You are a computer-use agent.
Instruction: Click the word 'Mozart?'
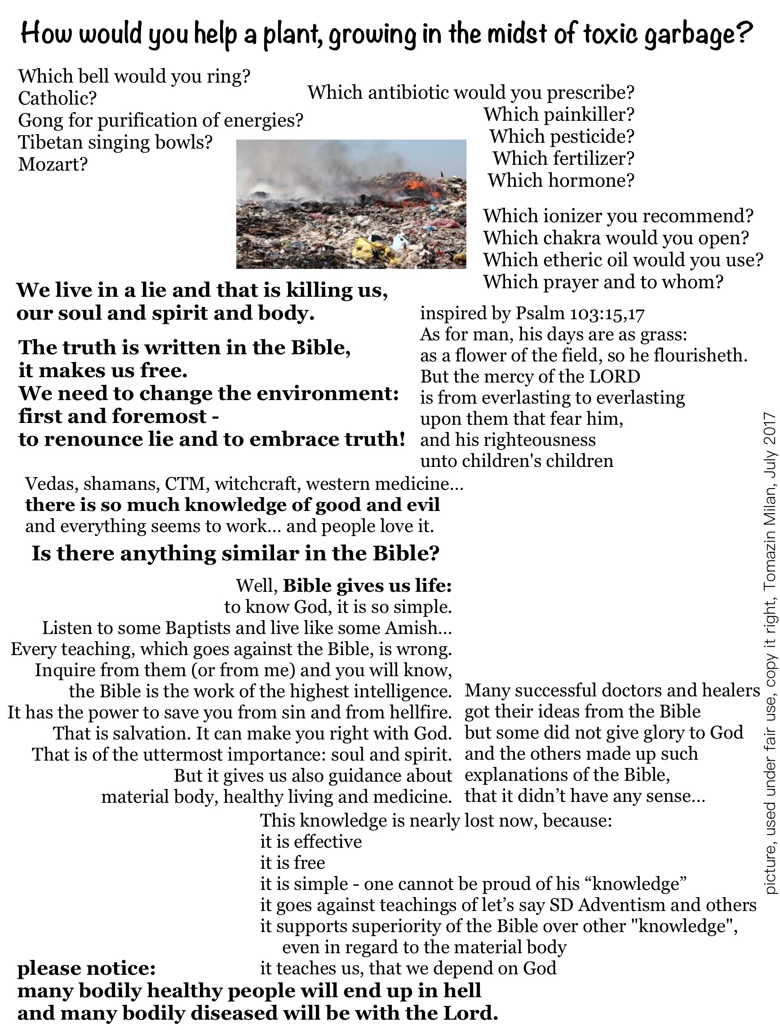53,164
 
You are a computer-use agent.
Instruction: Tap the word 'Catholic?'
57,98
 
